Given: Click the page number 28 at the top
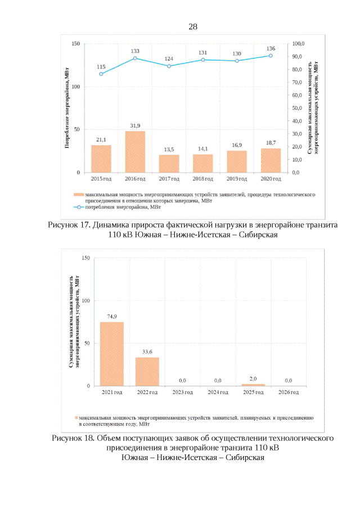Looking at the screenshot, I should pos(192,27).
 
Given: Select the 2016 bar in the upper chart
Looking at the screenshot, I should pos(135,152).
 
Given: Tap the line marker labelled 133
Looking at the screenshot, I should pos(135,58).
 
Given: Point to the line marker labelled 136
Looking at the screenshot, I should pos(271,56).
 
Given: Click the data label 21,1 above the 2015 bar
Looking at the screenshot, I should pos(101,139).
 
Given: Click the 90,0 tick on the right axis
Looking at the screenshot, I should pos(298,56).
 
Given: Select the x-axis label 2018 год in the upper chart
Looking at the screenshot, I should pos(203,179).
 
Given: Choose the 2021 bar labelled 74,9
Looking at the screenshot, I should pos(111,354).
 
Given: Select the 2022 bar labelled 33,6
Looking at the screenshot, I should pos(147,372).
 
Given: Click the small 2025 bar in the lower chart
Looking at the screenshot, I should pos(253,385).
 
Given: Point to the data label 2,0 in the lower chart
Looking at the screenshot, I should pos(253,379).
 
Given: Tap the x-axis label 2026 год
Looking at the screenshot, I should pos(289,392).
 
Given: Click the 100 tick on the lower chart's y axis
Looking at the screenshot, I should pos(85,301).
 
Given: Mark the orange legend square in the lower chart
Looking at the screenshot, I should pos(77,418).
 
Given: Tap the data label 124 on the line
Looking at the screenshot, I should pos(169,59).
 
